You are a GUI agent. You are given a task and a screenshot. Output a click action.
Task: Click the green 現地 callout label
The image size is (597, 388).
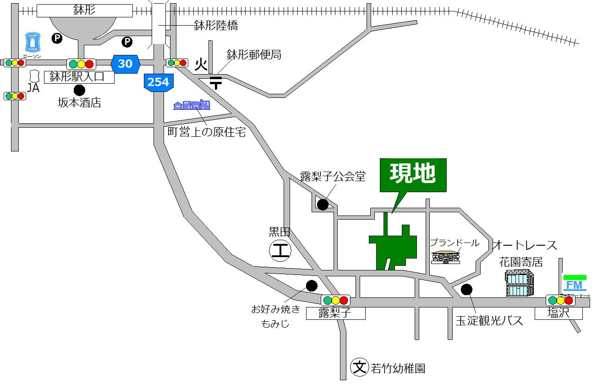(x=413, y=175)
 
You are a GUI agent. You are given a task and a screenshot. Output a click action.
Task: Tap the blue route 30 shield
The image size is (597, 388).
(x=125, y=64)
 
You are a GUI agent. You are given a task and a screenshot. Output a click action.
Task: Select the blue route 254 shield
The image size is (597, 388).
(x=158, y=82)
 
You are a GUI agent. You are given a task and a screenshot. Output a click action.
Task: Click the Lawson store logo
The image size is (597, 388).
(x=33, y=43)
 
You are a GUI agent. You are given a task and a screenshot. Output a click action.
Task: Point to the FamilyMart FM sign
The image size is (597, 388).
(x=574, y=285)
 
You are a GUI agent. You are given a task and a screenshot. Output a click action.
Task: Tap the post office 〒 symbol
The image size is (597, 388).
(x=216, y=83)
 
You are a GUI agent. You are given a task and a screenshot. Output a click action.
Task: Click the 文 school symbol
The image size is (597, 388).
(x=360, y=366)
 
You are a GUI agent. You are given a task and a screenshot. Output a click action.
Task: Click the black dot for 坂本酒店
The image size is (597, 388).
(x=80, y=90)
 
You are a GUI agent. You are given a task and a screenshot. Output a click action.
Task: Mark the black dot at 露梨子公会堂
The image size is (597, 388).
(x=323, y=204)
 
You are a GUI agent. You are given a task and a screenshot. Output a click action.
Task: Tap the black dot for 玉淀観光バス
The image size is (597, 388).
(x=466, y=289)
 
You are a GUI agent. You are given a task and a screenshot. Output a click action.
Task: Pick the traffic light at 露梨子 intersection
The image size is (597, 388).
(x=336, y=300)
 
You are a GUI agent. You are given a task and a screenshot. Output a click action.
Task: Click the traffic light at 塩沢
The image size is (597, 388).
(x=560, y=301)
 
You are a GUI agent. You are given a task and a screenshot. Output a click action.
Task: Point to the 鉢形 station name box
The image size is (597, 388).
(x=84, y=11)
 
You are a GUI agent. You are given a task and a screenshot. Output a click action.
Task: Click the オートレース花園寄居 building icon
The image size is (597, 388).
(x=520, y=282)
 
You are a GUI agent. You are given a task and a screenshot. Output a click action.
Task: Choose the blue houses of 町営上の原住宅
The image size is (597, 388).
(x=192, y=105)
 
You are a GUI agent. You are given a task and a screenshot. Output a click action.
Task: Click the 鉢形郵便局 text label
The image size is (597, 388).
(x=254, y=55)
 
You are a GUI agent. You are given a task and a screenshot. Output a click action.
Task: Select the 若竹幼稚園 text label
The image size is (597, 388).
(x=398, y=368)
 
